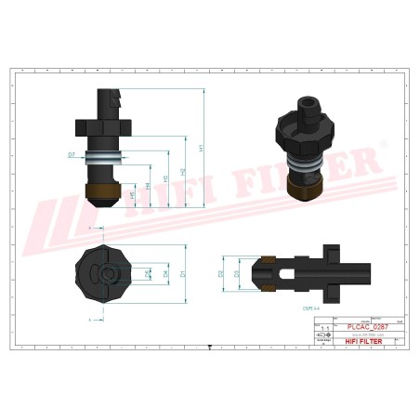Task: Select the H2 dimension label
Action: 183,171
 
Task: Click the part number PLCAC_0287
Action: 368,327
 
